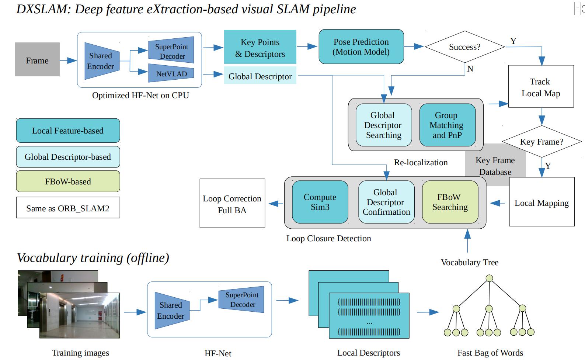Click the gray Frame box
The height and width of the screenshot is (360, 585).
[37, 59]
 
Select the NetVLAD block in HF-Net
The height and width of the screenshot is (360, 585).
[171, 73]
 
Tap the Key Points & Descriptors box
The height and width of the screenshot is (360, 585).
[260, 47]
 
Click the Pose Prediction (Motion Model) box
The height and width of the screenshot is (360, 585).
[361, 47]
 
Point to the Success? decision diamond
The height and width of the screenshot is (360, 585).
[464, 47]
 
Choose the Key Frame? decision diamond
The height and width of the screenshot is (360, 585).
[541, 142]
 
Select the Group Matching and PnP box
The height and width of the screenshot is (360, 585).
[447, 125]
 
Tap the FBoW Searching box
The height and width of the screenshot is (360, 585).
[450, 202]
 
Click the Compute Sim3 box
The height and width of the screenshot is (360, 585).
[320, 202]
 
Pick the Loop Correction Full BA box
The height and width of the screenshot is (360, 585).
[232, 204]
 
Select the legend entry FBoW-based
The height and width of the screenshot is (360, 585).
[68, 181]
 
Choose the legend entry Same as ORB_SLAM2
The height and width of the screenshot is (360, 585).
[68, 208]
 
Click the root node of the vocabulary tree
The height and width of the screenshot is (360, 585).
[489, 278]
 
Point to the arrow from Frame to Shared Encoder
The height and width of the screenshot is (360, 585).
[68, 60]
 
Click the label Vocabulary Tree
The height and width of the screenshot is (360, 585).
[469, 262]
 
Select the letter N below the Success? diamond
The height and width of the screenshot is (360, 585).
[470, 69]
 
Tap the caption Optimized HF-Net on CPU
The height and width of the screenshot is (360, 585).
[140, 95]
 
